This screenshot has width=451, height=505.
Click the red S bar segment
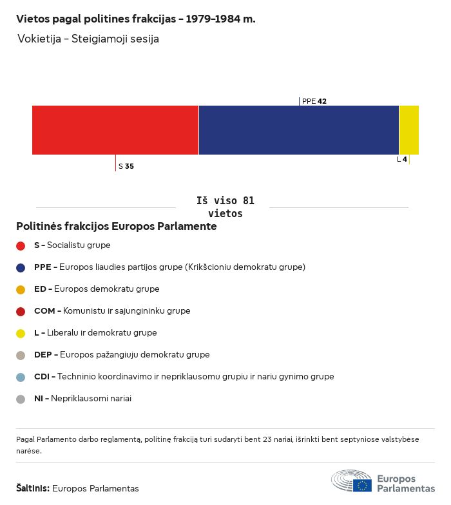[115, 130]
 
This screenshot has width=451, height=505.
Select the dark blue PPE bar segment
[299, 130]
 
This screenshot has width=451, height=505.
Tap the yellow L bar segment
[409, 130]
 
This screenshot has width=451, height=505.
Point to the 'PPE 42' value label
[314, 101]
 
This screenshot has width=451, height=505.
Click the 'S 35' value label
[126, 166]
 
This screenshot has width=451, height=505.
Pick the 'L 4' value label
[402, 159]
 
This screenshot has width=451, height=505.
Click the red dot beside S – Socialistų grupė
[21, 245]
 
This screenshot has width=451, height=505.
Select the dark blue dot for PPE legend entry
[21, 267]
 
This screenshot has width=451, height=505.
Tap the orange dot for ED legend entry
[21, 289]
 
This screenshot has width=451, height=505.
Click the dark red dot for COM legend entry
[21, 311]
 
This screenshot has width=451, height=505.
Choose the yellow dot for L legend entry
[21, 333]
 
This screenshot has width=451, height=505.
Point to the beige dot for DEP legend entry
[21, 355]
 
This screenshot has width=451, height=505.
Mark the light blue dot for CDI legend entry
[21, 377]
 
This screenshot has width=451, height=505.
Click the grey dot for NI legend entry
[21, 399]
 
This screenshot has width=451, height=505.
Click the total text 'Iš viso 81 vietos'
[225, 207]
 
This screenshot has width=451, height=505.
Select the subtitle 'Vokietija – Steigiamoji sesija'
[88, 39]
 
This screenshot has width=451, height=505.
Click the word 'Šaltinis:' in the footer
[33, 488]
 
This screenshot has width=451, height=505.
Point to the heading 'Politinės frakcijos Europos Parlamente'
[117, 227]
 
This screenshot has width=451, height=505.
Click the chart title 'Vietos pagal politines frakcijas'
[135, 19]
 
